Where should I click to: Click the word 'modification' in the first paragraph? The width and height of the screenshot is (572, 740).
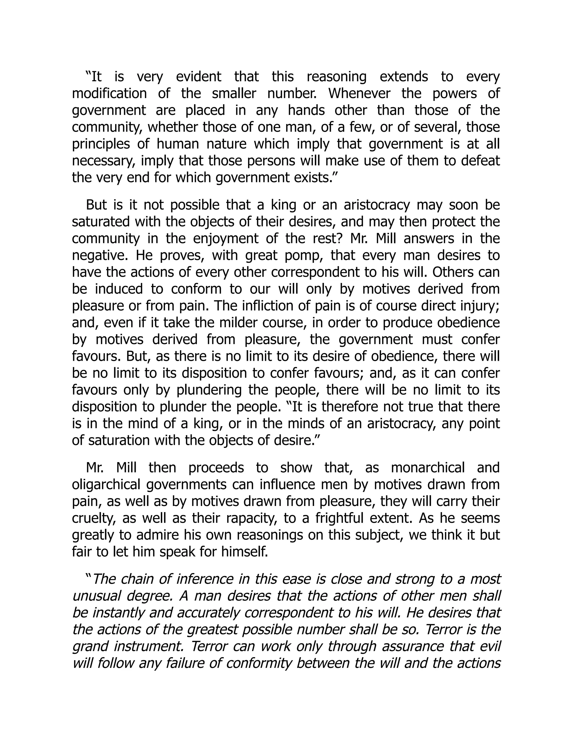(109, 94)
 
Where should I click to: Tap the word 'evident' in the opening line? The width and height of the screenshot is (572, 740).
(198, 77)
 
